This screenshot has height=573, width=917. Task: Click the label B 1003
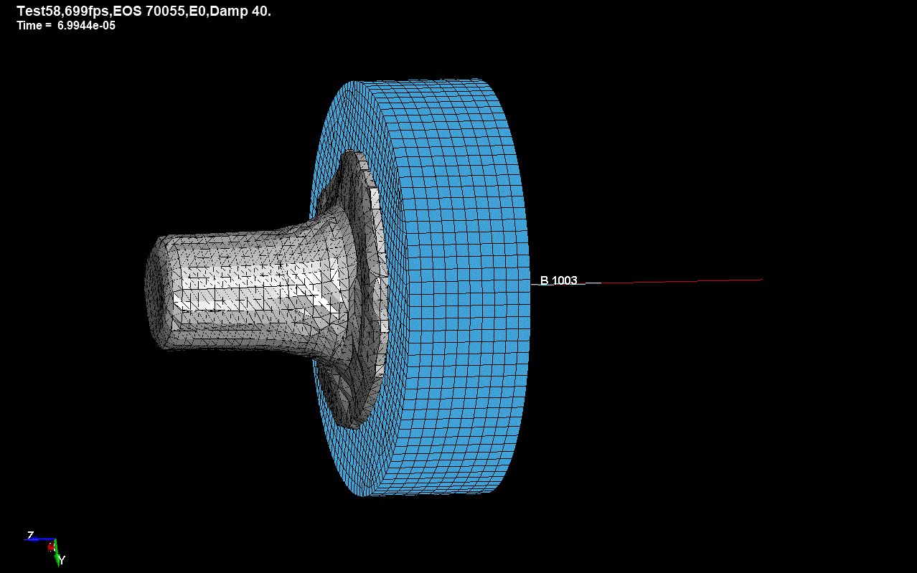pos(558,280)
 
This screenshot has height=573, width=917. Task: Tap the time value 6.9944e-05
pos(86,26)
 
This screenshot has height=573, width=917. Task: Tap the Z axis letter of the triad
pos(30,535)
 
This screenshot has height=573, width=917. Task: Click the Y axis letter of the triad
pos(62,560)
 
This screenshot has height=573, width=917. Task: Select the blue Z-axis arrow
pos(40,539)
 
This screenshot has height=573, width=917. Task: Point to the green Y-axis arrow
pos(56,554)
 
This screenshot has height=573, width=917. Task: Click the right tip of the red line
pos(761,280)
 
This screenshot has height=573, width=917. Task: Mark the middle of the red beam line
pos(682,282)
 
